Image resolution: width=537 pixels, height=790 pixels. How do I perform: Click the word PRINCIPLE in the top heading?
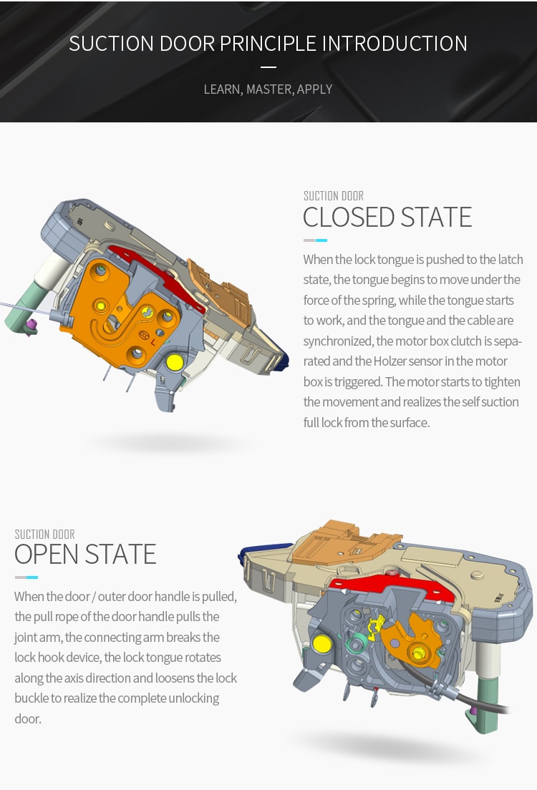[268, 43]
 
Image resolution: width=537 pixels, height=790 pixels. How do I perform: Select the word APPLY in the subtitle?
[315, 89]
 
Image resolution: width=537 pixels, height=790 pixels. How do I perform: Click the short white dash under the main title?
[268, 67]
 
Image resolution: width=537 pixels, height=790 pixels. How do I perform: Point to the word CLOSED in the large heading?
[349, 217]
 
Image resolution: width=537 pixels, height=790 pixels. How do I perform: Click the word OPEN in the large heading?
[46, 555]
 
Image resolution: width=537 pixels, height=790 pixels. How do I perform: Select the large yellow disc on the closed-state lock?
[174, 362]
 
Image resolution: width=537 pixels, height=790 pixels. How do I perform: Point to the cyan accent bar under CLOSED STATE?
[321, 240]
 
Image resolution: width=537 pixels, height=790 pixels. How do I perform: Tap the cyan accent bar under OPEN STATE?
[32, 577]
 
